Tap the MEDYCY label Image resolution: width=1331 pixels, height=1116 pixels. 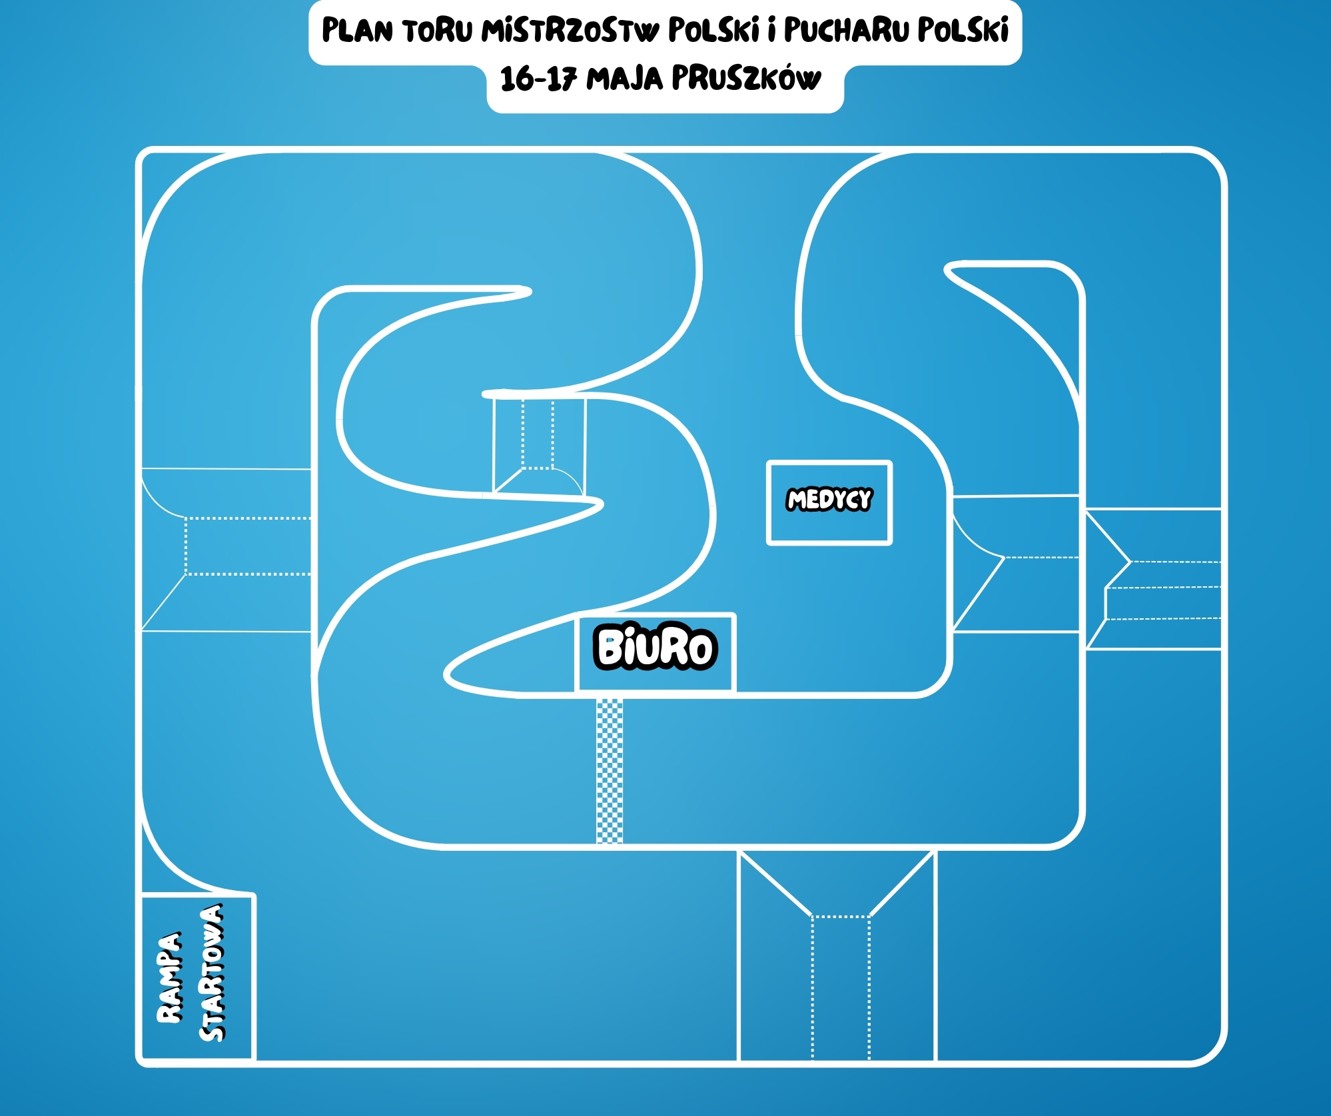829,500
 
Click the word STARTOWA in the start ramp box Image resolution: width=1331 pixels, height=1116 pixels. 212,972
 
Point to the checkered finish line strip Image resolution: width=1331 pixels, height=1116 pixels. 610,771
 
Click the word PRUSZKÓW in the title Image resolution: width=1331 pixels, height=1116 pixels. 746,78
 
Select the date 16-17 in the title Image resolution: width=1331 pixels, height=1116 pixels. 538,79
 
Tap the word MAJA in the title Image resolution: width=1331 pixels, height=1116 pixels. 624,79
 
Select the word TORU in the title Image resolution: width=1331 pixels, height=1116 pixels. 437,31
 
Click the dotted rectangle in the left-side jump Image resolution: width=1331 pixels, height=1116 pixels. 248,546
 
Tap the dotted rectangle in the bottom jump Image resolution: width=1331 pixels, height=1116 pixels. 841,987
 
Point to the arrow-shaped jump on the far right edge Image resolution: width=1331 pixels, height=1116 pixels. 1154,578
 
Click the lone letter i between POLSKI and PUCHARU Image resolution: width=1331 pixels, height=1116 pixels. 771,30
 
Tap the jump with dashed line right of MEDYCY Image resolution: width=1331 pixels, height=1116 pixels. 1016,563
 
